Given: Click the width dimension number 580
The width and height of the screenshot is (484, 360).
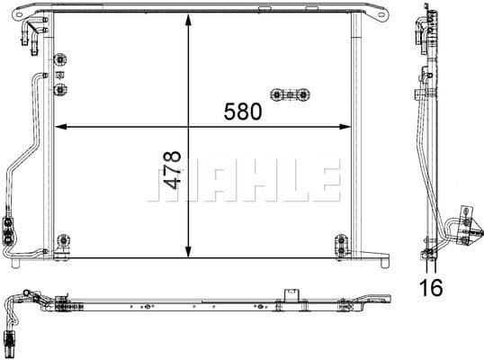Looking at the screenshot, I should [x=243, y=112].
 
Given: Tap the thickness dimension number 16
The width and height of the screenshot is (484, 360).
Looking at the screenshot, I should [x=433, y=288].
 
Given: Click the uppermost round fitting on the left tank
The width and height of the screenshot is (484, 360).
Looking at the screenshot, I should [x=62, y=61].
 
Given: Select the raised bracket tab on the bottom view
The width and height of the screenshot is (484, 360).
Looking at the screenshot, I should [x=291, y=294].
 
